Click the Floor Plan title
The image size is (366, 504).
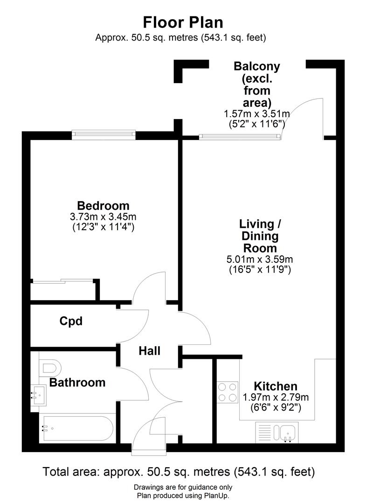183,22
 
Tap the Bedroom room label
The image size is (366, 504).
103,205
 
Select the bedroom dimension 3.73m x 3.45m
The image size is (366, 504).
103,217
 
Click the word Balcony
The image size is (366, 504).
257,66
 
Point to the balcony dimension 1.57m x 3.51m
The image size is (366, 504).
257,113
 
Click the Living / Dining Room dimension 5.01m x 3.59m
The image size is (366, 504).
260,259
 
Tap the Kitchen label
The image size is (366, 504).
276,386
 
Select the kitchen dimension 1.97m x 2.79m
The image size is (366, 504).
276,398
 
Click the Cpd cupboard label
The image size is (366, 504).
71,321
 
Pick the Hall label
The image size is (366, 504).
149,350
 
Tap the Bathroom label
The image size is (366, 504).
77,383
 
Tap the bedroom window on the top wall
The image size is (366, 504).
104,135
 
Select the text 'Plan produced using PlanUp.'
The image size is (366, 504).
183,496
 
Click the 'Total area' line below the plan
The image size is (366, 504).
179,471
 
